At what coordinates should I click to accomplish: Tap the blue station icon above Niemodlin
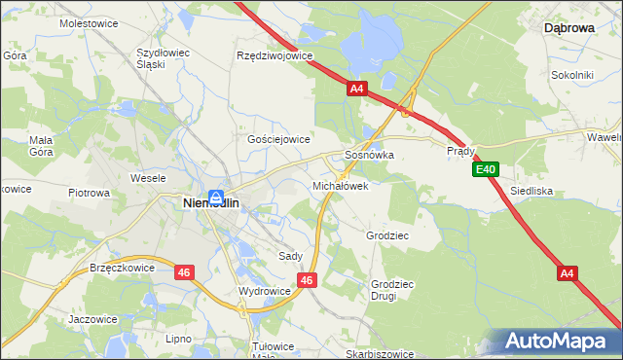[219, 195]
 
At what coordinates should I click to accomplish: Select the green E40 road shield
[487, 170]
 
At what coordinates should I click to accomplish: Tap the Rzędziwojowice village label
[275, 56]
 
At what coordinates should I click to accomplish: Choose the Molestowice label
[89, 21]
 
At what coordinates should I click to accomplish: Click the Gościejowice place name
[278, 139]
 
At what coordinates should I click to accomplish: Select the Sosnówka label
[369, 155]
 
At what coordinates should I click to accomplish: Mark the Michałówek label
[340, 185]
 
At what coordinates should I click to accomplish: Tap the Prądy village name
[460, 151]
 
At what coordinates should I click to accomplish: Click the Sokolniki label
[572, 74]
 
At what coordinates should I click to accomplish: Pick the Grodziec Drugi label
[391, 290]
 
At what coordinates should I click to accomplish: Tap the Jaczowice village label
[93, 319]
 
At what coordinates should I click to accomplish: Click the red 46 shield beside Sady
[308, 280]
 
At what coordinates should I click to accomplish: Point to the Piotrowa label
[90, 193]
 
